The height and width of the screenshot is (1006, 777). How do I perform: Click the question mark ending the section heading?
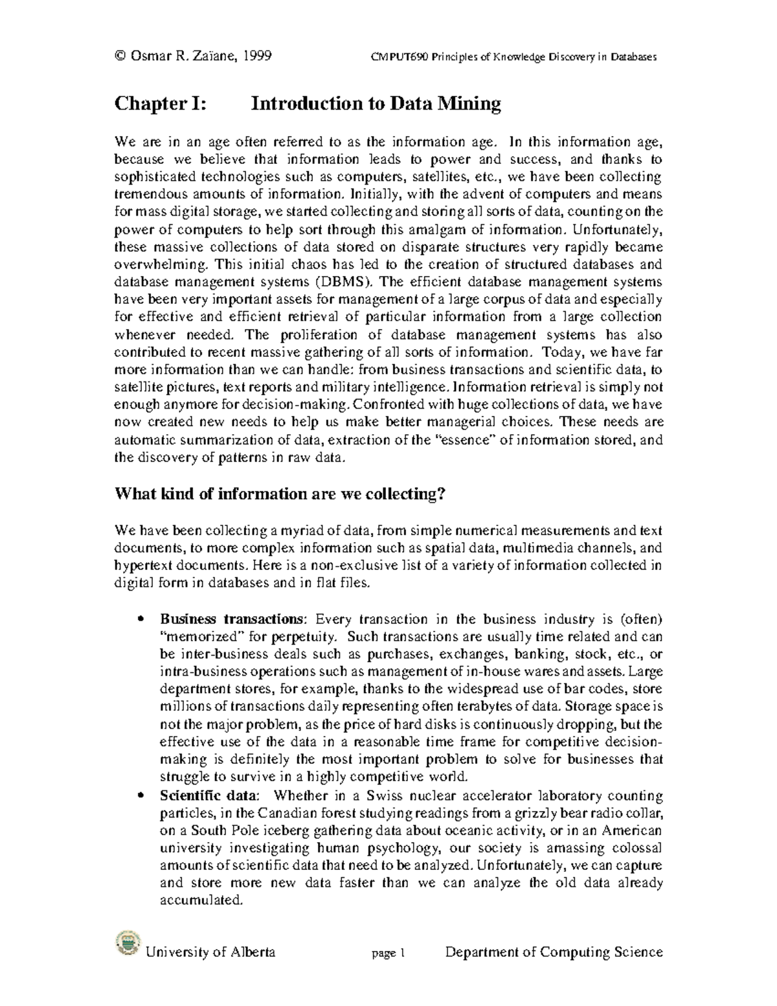[x=442, y=494]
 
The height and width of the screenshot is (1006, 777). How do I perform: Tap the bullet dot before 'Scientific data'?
[x=141, y=796]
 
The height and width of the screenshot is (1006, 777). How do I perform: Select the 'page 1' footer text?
[x=388, y=953]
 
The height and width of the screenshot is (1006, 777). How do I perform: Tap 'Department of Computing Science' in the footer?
[x=553, y=952]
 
